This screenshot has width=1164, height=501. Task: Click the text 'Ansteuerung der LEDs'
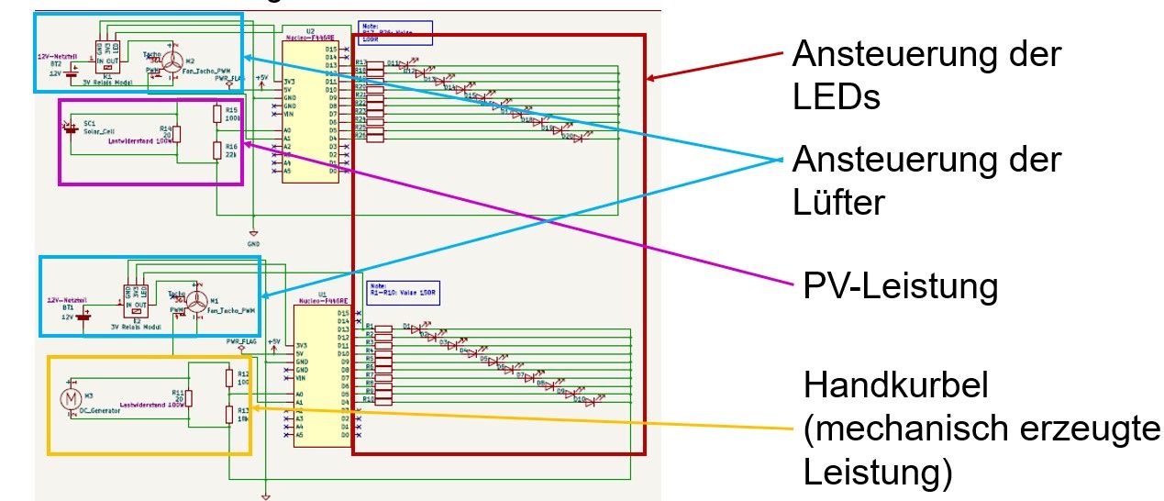[x=926, y=74]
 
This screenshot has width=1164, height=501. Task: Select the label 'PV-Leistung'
[x=901, y=286]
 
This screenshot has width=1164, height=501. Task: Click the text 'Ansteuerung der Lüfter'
[x=926, y=180]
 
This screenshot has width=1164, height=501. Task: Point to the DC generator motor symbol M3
[x=70, y=399]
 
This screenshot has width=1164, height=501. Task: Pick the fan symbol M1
[x=195, y=302]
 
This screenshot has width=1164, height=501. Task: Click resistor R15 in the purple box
[x=217, y=113]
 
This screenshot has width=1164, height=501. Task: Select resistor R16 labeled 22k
[x=217, y=150]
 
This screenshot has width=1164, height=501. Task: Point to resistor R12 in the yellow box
[x=229, y=377]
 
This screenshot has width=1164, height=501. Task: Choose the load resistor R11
[x=190, y=396]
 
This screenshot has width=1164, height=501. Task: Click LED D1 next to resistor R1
[x=416, y=327]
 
